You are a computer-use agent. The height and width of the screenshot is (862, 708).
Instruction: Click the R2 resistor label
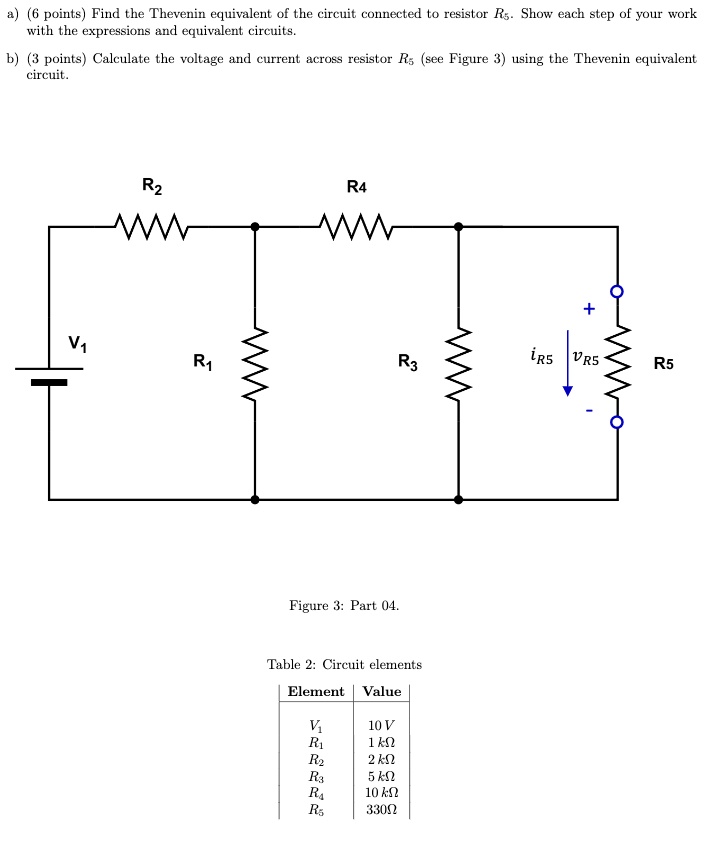coord(152,185)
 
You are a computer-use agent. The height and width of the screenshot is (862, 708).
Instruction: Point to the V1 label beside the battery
coord(77,344)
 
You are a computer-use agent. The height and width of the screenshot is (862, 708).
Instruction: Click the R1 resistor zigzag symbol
coord(255,362)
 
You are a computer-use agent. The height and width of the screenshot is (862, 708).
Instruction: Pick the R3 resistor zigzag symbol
coord(459,362)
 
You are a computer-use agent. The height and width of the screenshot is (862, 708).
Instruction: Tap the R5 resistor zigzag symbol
coord(617,358)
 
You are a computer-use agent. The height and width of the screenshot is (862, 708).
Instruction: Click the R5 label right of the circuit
coord(664,364)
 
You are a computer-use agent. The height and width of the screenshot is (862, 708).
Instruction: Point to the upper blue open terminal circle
coord(617,292)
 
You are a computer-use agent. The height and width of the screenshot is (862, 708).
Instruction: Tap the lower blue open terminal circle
coord(617,423)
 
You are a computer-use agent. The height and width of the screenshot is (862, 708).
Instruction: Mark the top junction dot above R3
coord(459,227)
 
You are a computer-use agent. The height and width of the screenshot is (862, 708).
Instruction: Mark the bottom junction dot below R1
coord(255,498)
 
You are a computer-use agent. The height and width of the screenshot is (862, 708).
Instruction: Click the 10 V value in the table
coord(381,725)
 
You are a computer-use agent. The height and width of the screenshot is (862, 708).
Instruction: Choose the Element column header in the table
coord(315,691)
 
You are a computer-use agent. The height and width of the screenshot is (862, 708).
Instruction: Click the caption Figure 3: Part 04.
coord(344,605)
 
